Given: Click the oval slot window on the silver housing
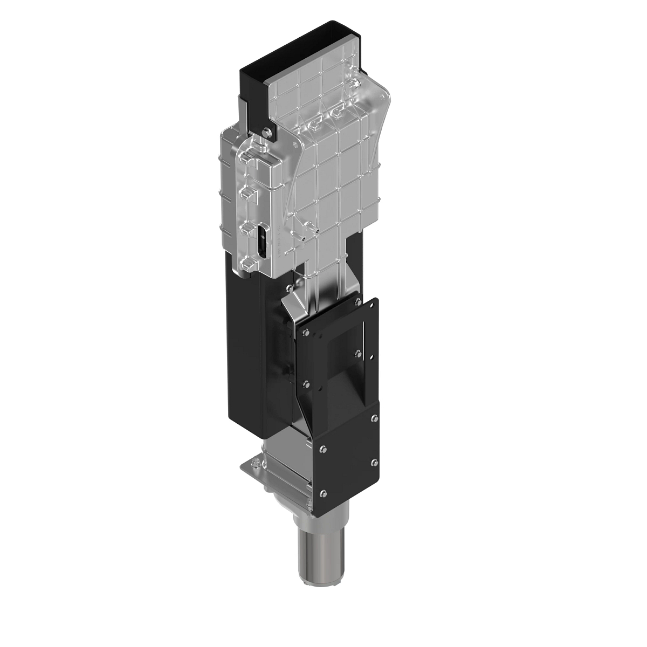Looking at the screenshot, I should tap(261, 242).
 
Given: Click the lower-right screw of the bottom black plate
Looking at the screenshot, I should tap(375, 462).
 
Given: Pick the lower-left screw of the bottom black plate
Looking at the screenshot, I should tap(322, 492).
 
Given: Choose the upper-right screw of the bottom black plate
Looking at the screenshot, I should tap(375, 418).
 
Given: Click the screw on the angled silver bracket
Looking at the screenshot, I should tap(292, 288).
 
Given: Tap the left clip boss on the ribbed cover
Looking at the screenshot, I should tap(315, 125).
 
